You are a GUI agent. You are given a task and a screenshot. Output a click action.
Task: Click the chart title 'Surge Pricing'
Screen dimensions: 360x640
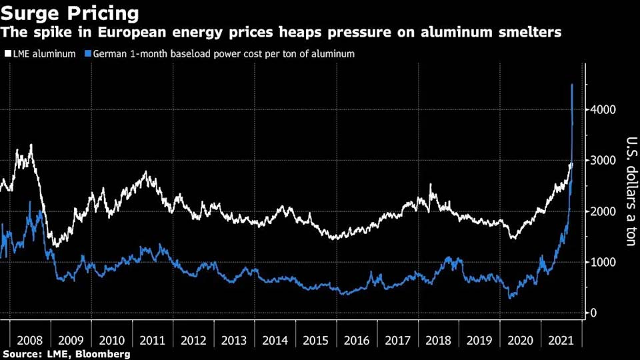[70, 13]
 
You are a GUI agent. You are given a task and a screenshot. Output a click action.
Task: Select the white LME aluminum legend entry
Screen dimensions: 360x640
[41, 54]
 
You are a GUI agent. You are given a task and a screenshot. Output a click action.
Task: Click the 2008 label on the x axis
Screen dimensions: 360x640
[30, 340]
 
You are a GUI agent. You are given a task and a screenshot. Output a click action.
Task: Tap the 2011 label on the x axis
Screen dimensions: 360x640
[153, 340]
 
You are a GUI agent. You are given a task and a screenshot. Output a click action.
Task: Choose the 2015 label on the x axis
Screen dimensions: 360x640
[316, 340]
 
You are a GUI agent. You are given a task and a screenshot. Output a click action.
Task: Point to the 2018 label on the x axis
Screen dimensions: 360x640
[439, 340]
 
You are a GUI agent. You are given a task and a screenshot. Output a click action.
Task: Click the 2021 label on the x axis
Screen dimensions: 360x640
[561, 340]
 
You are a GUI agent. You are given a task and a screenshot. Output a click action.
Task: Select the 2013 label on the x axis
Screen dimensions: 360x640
[235, 340]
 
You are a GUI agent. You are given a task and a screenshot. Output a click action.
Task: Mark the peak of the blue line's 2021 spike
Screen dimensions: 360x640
[572, 85]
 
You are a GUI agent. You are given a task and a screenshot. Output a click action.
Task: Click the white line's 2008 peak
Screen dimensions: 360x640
[31, 145]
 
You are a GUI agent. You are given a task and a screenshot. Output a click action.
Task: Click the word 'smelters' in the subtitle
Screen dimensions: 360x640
[531, 32]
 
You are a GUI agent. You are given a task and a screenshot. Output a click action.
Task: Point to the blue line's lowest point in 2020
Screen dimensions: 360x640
[511, 297]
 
